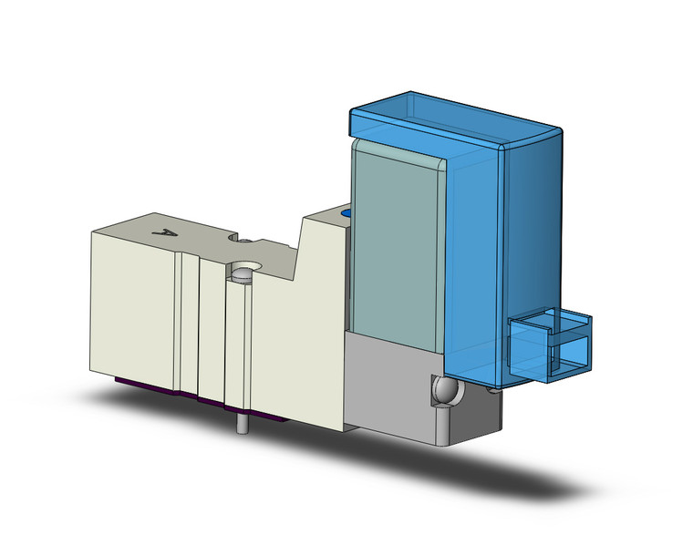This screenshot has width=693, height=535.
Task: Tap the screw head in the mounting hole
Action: coord(242,273)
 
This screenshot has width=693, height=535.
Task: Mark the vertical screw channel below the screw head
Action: coord(242,346)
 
